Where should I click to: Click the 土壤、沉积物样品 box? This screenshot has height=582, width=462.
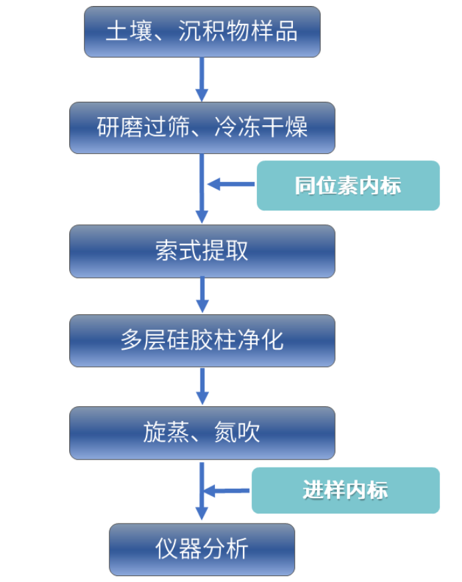[202, 32]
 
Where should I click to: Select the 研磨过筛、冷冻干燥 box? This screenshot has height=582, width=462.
[202, 127]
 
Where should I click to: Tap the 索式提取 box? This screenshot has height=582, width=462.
[202, 251]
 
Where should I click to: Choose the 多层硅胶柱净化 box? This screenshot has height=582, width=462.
[202, 340]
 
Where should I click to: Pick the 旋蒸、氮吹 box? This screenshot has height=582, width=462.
[202, 433]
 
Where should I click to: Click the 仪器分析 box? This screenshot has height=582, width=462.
[202, 549]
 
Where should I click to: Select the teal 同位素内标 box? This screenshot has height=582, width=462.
[348, 185]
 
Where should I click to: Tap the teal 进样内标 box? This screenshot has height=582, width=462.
[346, 491]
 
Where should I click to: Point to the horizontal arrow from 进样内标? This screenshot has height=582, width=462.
[226, 491]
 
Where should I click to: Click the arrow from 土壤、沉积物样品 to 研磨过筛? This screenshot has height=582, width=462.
[202, 79]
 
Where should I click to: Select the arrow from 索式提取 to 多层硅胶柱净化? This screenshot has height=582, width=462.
[202, 295]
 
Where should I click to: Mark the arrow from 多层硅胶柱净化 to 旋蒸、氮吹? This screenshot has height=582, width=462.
[202, 386]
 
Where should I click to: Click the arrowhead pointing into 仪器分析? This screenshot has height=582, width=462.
[202, 515]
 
